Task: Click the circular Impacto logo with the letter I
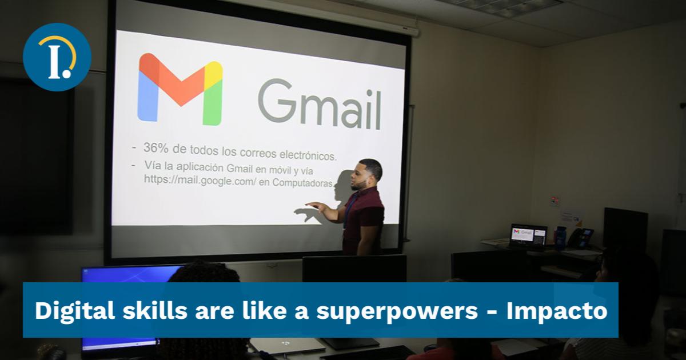pyautogui.click(x=57, y=57)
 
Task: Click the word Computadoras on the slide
pyautogui.click(x=303, y=182)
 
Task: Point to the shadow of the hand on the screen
pyautogui.click(x=306, y=215)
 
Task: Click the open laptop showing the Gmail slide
pyautogui.click(x=528, y=235)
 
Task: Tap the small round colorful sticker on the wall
pyautogui.click(x=553, y=201)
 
